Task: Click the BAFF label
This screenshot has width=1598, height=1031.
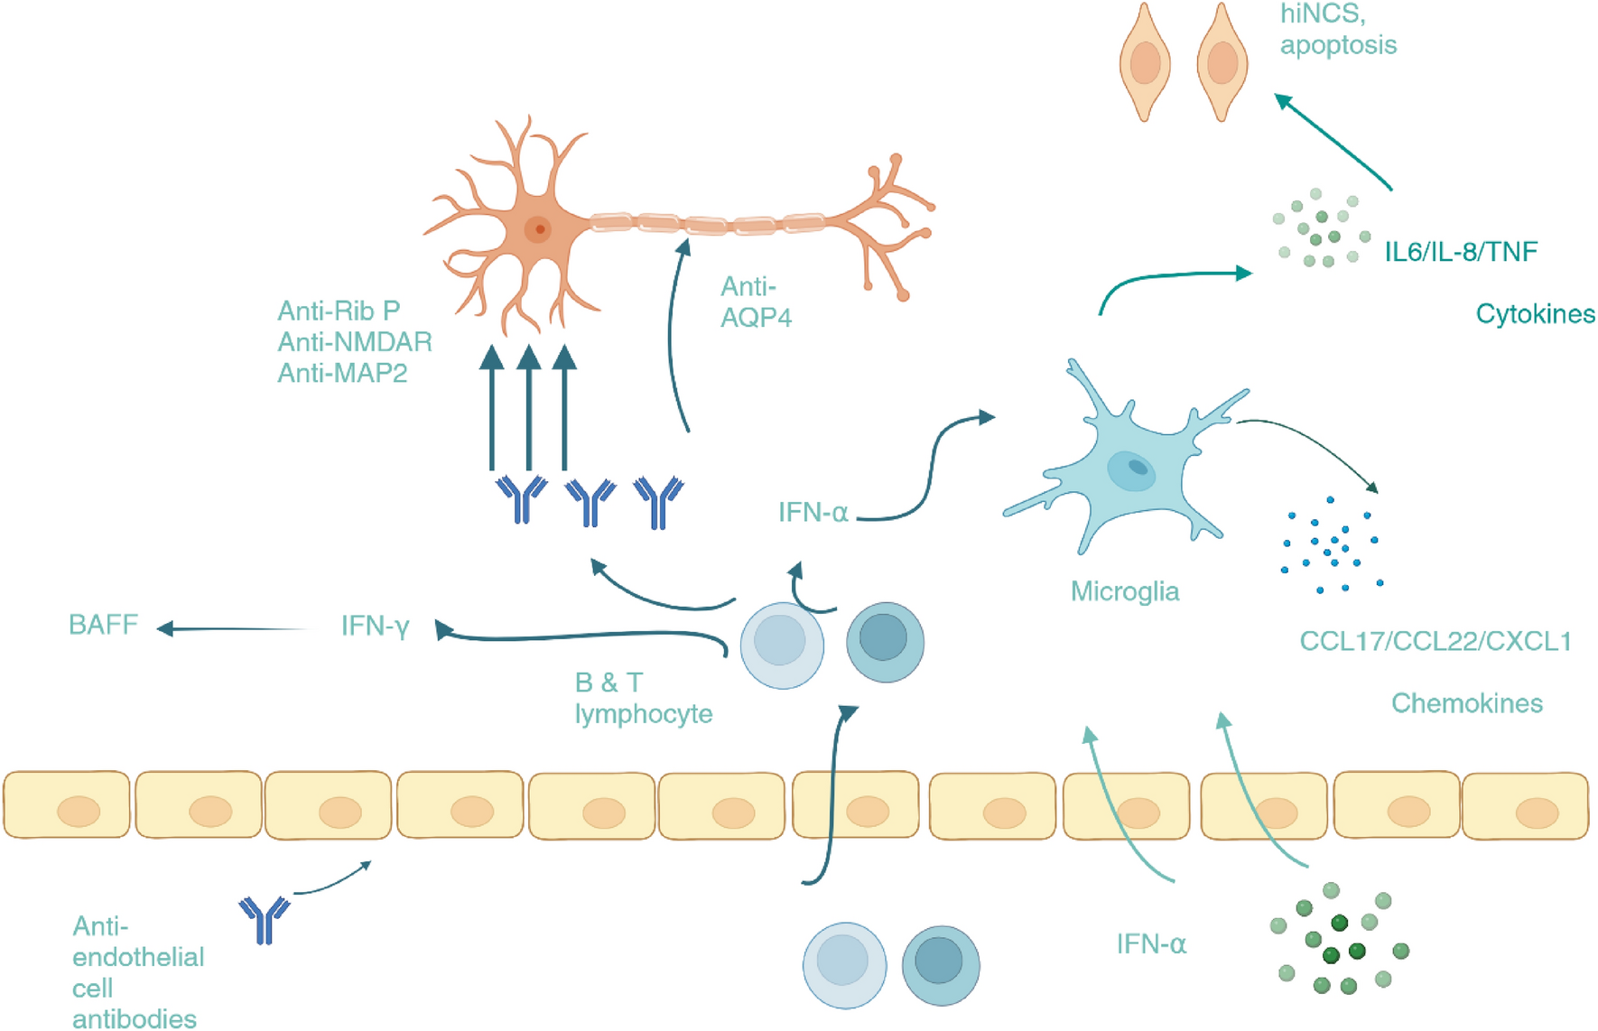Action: pos(103,625)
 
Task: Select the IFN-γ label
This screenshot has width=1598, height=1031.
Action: pos(375,627)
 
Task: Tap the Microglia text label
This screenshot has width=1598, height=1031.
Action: pos(1124,591)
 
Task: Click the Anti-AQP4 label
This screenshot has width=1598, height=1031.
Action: pos(756,302)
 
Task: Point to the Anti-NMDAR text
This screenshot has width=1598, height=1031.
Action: pos(355,342)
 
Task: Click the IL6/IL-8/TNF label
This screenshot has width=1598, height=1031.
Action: pos(1460,252)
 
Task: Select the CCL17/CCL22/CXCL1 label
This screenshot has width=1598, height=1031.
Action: pos(1435,642)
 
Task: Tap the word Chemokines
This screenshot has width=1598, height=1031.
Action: pos(1466,703)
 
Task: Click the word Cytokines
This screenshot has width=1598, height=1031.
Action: pos(1535,314)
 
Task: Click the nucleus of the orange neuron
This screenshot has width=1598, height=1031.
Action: pos(539,229)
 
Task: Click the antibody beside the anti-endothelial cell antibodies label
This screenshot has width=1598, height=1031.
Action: pos(264,918)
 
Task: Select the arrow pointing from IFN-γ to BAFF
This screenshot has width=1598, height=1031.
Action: pos(235,628)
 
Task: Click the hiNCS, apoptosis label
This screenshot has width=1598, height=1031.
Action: pos(1337,30)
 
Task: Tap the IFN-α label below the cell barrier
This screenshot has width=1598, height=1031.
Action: pos(1151,944)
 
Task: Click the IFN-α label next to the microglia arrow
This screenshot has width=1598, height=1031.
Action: pos(813,513)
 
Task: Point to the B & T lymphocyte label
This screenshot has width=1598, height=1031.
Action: pos(642,698)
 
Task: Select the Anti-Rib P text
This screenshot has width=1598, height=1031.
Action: pos(339,311)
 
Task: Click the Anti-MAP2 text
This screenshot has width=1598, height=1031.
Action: pos(342,373)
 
